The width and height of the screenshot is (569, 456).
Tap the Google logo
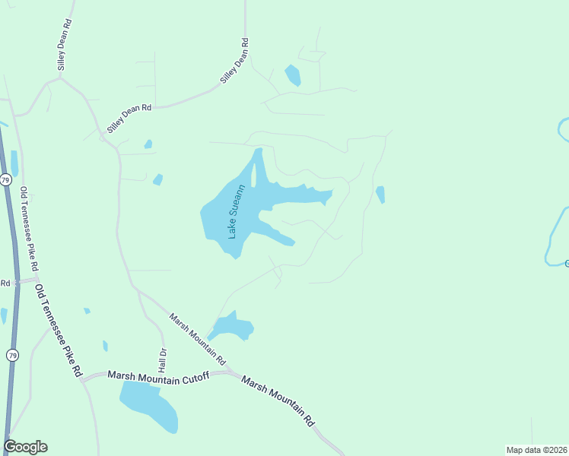pyautogui.click(x=25, y=447)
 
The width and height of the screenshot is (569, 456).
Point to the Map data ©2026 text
pyautogui.click(x=536, y=450)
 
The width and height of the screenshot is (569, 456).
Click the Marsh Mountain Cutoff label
pyautogui.click(x=158, y=375)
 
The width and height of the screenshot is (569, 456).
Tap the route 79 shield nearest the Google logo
pyautogui.click(x=12, y=355)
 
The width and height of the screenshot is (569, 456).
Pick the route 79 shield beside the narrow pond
pyautogui.click(x=5, y=180)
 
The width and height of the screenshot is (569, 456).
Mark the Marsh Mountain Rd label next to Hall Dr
pyautogui.click(x=198, y=338)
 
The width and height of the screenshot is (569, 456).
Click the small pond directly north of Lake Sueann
pyautogui.click(x=292, y=74)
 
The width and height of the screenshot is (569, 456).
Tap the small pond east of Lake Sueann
pyautogui.click(x=380, y=195)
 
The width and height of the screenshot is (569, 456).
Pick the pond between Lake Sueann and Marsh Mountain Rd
pyautogui.click(x=232, y=327)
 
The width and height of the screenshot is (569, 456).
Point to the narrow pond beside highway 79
pyautogui.click(x=14, y=163)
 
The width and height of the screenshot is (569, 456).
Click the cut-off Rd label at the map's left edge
pyautogui.click(x=5, y=283)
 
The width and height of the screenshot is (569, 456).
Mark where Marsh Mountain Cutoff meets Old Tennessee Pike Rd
pyautogui.click(x=83, y=378)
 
